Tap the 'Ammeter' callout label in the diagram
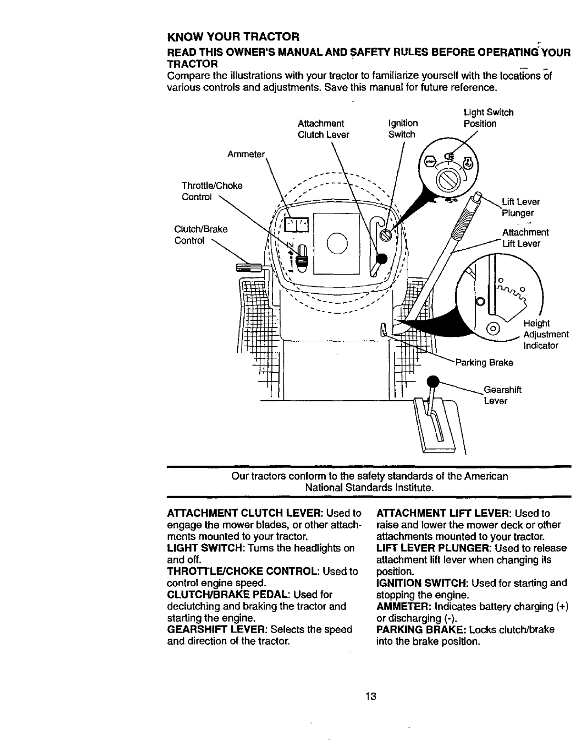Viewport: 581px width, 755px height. [x=246, y=154]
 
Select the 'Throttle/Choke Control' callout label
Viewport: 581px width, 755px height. [x=212, y=191]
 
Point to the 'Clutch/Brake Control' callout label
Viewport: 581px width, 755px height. [x=201, y=235]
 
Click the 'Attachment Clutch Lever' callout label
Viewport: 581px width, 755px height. [x=323, y=129]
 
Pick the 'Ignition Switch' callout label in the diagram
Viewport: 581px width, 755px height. [x=403, y=129]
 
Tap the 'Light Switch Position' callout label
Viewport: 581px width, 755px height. [x=488, y=118]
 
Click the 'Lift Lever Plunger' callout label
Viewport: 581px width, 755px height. [x=521, y=207]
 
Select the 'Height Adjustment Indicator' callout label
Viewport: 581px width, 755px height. [x=545, y=334]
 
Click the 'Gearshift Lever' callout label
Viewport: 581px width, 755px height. [x=502, y=395]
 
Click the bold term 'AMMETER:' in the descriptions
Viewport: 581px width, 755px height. [x=404, y=607]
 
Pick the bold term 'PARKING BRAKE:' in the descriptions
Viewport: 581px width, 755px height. [x=421, y=630]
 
